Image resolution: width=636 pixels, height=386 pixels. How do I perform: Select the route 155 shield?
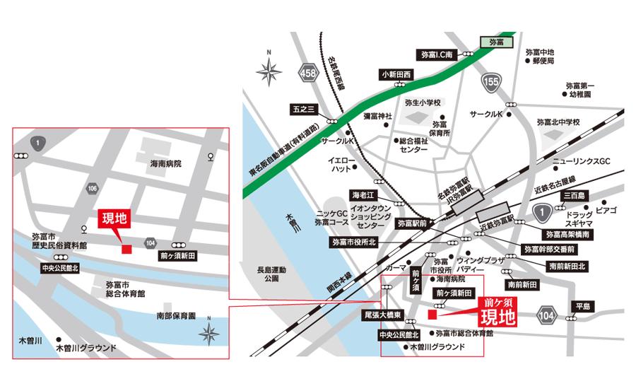(x=493, y=83)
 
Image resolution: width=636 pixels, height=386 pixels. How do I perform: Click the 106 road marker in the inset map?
(x=93, y=188)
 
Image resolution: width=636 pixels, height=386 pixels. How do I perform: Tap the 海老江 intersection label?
(x=367, y=194)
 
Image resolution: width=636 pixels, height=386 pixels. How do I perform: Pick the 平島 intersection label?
(x=583, y=306)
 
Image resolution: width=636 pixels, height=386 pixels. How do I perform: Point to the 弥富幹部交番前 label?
(x=550, y=250)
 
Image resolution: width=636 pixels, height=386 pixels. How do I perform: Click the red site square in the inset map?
(x=126, y=249)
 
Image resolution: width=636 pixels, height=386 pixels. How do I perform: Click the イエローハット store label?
(x=337, y=165)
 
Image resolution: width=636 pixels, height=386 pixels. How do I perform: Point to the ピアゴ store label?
(x=606, y=211)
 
